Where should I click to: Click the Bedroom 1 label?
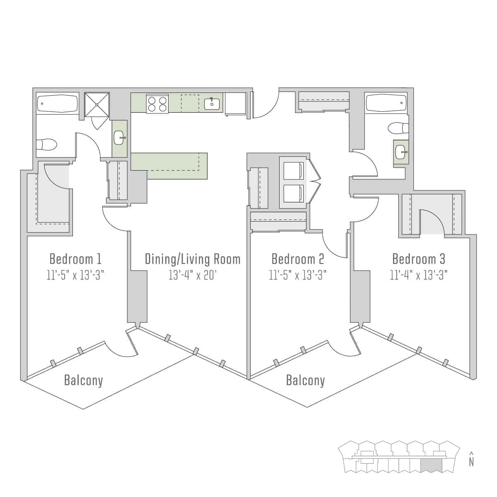click(75, 259)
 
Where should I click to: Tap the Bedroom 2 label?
click(298, 259)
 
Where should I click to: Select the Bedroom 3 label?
click(418, 259)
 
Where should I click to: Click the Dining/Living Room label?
click(193, 259)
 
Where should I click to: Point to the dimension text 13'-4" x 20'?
click(193, 275)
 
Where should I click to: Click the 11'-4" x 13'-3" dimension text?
click(418, 275)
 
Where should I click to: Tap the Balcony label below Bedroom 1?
click(83, 380)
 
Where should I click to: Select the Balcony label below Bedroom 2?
click(305, 380)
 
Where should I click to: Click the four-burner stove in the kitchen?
click(157, 104)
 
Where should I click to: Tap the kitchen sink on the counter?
click(212, 104)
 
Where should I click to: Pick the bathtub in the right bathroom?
click(386, 104)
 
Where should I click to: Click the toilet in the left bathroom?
click(46, 145)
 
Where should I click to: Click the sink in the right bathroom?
click(400, 152)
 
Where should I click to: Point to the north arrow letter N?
click(471, 462)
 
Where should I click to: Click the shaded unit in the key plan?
click(431, 466)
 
